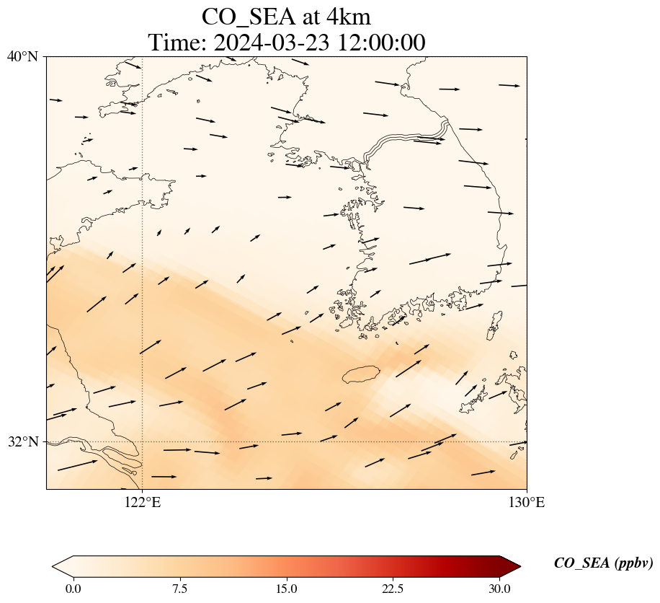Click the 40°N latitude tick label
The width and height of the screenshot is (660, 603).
[x=22, y=56]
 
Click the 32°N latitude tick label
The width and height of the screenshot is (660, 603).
[x=22, y=442]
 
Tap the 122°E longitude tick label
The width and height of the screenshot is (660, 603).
[x=143, y=502]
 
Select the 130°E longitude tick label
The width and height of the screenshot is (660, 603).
[x=527, y=502]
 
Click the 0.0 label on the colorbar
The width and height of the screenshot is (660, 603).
[x=73, y=589]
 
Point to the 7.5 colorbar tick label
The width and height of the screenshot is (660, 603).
[x=179, y=589]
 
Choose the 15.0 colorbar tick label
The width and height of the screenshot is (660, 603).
[x=286, y=589]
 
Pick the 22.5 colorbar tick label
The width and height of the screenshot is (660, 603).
[x=393, y=589]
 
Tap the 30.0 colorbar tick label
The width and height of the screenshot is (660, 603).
[x=499, y=589]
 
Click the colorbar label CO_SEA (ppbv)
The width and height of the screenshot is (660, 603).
[x=604, y=563]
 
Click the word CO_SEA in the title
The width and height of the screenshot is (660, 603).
[x=249, y=18]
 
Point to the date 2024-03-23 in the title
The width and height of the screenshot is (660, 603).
[x=272, y=43]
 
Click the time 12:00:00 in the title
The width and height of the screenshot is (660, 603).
[x=381, y=43]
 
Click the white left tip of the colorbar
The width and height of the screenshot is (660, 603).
[x=54, y=567]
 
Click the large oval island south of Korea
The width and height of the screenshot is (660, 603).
[x=361, y=374]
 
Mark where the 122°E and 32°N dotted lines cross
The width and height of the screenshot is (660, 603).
[x=143, y=442]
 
